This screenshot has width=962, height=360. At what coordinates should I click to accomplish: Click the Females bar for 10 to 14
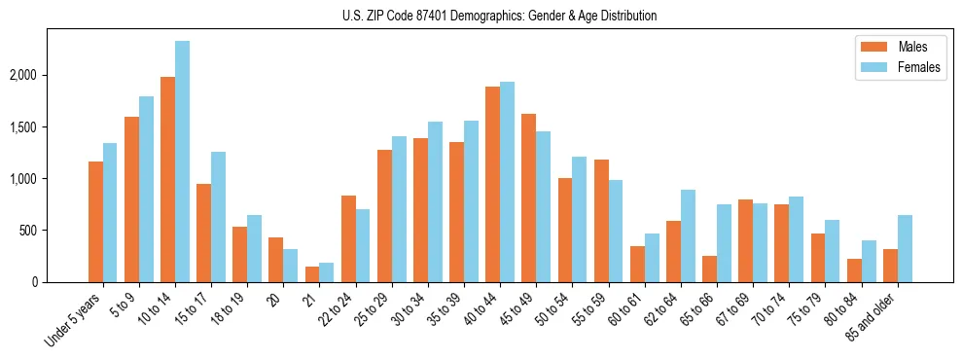click(183, 162)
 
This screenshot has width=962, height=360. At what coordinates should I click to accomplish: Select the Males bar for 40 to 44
click(492, 185)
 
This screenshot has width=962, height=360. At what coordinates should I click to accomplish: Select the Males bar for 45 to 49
click(528, 198)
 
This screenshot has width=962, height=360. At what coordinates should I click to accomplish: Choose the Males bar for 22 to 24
click(348, 239)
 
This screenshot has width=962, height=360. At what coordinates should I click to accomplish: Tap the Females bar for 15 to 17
click(219, 217)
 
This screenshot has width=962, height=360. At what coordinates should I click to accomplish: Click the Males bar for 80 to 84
click(854, 270)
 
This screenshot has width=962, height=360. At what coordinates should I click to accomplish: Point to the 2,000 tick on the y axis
click(49, 76)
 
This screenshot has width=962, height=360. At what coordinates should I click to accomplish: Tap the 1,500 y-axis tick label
click(49, 127)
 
